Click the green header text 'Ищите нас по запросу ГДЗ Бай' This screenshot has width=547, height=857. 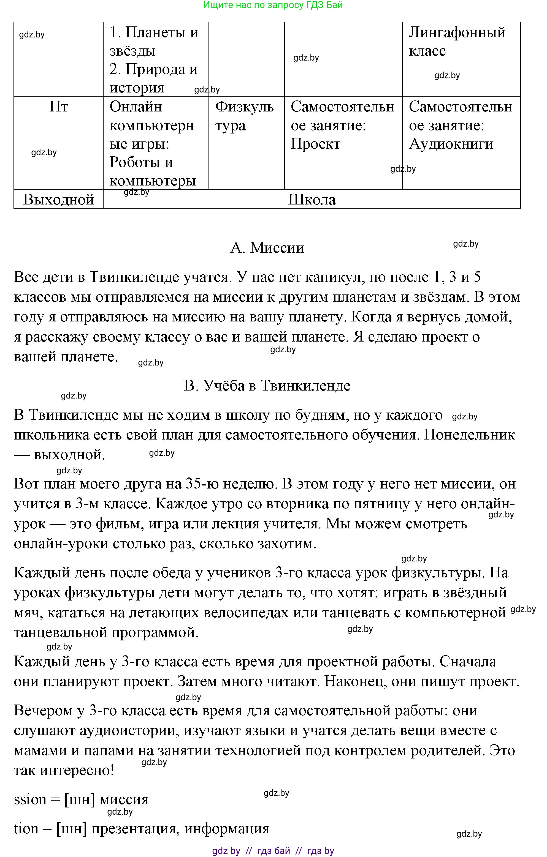tap(273, 5)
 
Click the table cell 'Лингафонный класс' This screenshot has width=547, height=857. tap(457, 41)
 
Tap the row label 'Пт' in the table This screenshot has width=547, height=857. tap(59, 107)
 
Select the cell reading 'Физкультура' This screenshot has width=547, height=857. tap(244, 116)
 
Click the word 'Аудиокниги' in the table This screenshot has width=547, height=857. tap(451, 144)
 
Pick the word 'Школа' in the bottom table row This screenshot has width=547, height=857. tap(312, 199)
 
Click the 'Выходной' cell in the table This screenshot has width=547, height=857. tap(59, 199)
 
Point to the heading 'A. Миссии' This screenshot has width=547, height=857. tap(267, 248)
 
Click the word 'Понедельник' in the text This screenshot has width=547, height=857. tap(469, 435)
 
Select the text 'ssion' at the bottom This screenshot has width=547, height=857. tap(30, 800)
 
